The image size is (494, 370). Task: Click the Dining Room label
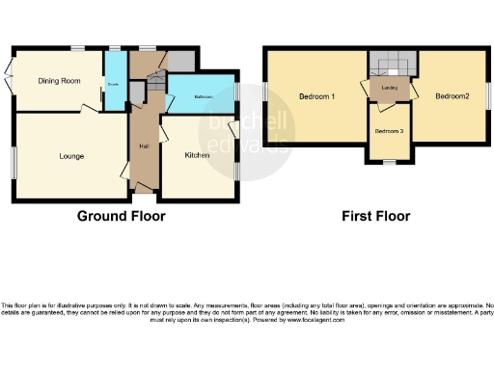click(58, 81)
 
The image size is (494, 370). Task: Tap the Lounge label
click(71, 156)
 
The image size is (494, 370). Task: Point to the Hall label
click(143, 147)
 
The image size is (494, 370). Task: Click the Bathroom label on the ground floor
click(203, 96)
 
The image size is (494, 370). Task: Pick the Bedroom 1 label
click(316, 96)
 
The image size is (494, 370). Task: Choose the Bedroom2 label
click(451, 96)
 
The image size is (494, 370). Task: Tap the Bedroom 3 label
click(389, 130)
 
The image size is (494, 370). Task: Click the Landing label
click(391, 88)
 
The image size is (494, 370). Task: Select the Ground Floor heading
click(121, 217)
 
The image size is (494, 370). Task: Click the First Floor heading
click(375, 217)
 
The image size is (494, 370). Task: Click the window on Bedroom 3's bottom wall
click(389, 162)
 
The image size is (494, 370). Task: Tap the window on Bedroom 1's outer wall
click(265, 95)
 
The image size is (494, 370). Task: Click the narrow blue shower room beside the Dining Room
click(114, 81)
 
